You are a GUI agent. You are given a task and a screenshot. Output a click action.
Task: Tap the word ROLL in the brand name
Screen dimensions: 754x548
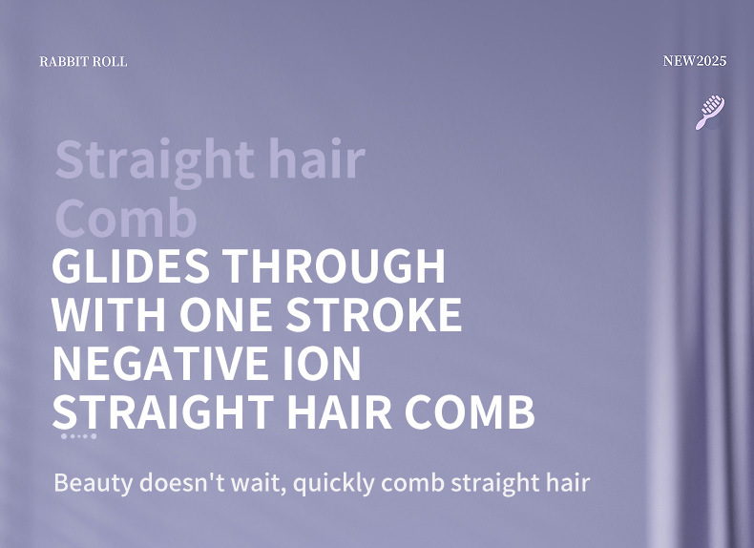110,62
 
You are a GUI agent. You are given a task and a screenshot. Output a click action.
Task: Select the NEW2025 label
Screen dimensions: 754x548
695,61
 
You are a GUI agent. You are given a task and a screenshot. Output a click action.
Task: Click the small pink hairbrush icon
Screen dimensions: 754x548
710,112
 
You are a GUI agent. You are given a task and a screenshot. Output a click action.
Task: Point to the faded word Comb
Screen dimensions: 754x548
126,218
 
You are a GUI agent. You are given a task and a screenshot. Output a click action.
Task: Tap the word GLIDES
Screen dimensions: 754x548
131,266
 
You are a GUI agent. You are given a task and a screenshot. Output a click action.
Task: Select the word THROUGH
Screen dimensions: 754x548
333,266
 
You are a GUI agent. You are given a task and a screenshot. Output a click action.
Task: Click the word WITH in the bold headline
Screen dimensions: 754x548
109,314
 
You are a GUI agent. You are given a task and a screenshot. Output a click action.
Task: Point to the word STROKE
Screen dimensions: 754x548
373,314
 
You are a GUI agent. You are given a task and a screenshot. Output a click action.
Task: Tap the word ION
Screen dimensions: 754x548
322,363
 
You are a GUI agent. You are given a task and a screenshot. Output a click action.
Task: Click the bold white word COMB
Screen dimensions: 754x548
470,411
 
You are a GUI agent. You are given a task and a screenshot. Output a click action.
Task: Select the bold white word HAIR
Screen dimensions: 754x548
339,411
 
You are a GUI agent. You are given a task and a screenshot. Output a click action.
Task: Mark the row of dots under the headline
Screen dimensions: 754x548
79,436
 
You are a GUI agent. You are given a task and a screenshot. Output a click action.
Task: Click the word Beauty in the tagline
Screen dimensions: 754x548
93,482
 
